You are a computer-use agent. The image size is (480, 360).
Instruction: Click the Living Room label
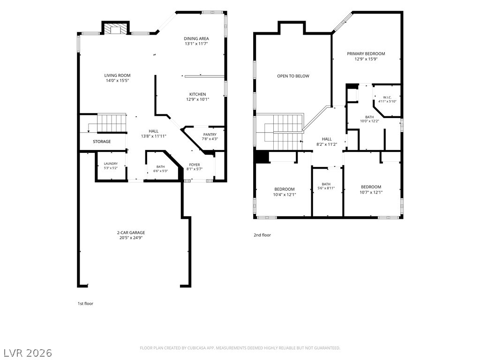tap(117, 75)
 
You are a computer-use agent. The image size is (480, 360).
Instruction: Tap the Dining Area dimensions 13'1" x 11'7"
tap(196, 44)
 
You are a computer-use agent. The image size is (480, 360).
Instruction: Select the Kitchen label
tap(197, 94)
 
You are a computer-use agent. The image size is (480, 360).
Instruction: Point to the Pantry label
tap(210, 135)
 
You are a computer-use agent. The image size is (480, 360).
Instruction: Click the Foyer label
tap(195, 165)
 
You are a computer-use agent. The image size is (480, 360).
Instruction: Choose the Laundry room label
tap(111, 164)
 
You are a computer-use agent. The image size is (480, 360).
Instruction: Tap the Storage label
tap(102, 142)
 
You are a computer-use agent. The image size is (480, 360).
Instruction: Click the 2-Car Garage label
tap(131, 232)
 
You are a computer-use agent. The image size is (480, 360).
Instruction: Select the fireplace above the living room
tap(115, 29)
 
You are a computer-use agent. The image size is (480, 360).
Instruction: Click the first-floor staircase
tap(112, 123)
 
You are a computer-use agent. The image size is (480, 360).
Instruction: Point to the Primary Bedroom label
tap(366, 53)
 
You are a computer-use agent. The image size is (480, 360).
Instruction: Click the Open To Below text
tap(293, 76)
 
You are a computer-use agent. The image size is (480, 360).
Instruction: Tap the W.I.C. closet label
tap(387, 97)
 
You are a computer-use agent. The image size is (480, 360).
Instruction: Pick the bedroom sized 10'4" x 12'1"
tap(285, 192)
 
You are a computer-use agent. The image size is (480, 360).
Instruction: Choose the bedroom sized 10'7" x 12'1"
tap(371, 190)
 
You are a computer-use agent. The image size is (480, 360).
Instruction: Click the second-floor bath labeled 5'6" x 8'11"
tap(326, 186)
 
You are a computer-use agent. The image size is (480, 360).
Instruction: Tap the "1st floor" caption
tap(85, 304)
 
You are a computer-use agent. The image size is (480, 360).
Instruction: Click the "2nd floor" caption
tap(262, 235)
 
